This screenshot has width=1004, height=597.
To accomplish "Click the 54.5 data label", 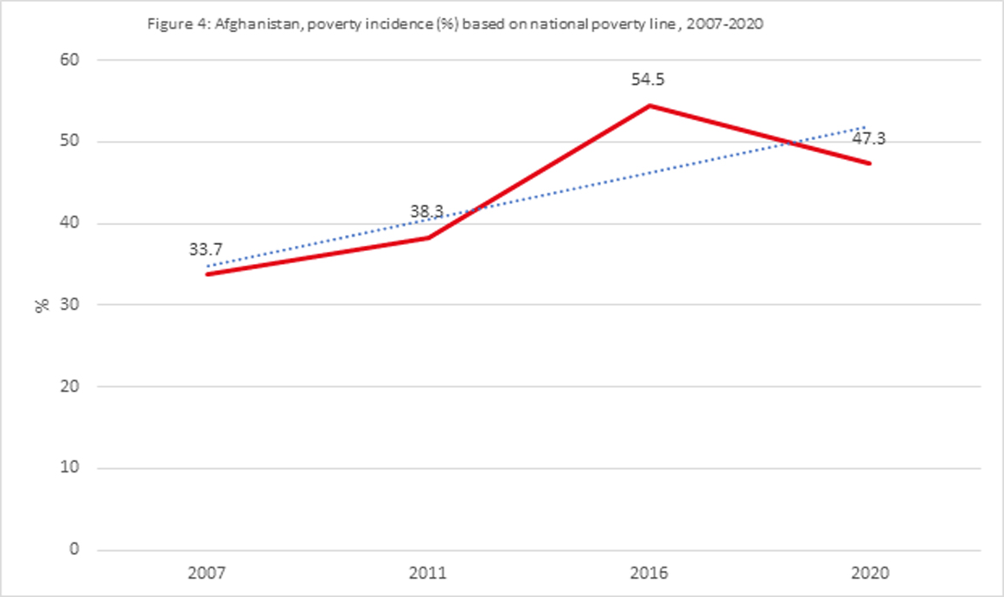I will [649, 80].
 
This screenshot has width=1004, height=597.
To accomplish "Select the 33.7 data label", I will [206, 249].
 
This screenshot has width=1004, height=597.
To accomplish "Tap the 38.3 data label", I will [427, 210].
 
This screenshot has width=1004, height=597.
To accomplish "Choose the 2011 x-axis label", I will [428, 573].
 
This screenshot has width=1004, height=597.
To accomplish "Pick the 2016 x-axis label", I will [649, 573].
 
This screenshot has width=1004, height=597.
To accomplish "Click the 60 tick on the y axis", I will [69, 60].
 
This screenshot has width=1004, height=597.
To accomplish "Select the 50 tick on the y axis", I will [69, 142].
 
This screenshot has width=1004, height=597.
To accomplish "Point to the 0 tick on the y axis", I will [74, 549].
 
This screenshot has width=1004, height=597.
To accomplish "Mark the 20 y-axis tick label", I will [69, 387].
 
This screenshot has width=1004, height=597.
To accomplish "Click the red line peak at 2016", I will [649, 106].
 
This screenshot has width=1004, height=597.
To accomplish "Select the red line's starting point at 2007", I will [208, 274].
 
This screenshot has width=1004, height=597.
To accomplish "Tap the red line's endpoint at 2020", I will [870, 164].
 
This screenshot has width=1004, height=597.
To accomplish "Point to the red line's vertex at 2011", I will [428, 237].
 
